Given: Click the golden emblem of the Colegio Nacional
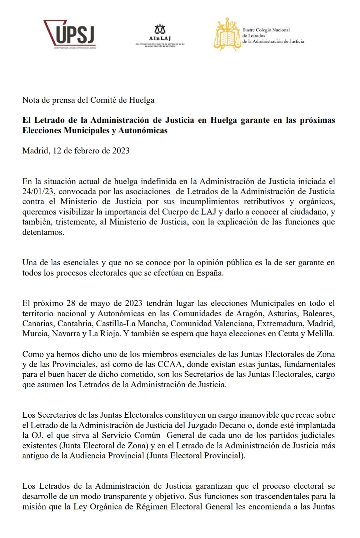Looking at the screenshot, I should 227,34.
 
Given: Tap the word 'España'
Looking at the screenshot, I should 210,273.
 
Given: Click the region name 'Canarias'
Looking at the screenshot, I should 37,324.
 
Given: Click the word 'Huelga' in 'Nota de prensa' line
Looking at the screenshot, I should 142,100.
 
